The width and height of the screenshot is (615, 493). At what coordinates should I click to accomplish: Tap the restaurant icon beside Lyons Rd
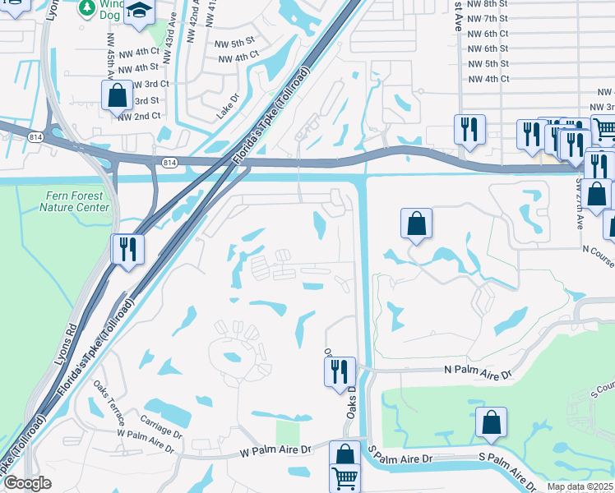(127, 249)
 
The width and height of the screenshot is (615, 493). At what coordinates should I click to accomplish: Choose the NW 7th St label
(488, 18)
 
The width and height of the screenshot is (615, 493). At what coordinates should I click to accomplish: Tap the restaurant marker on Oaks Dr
(338, 371)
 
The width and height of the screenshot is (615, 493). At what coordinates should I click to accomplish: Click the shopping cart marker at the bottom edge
(344, 477)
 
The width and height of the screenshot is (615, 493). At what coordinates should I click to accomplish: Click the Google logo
(27, 483)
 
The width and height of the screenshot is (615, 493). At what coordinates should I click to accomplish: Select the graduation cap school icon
(141, 11)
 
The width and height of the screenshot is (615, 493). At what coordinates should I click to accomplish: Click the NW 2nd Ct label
(139, 117)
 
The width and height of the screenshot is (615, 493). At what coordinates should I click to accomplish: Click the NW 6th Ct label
(488, 34)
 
